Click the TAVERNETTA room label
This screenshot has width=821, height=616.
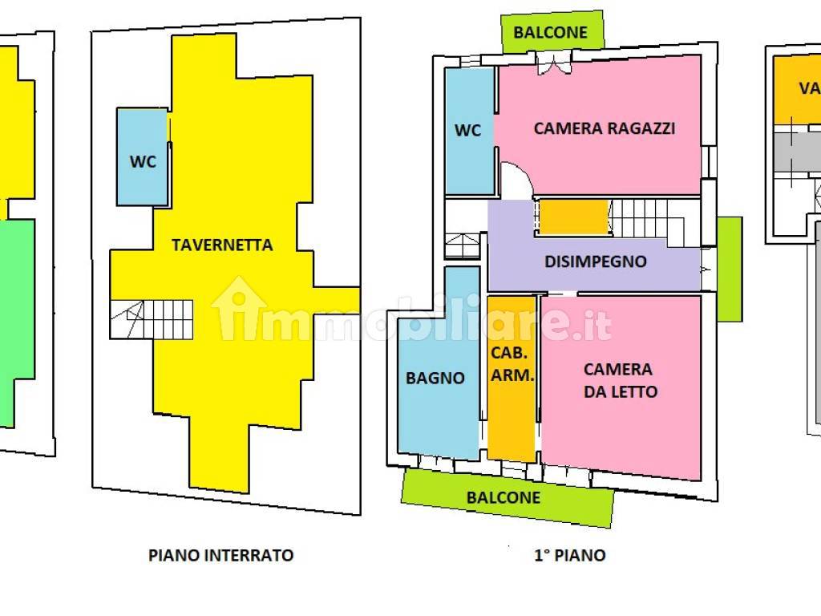pyautogui.click(x=222, y=245)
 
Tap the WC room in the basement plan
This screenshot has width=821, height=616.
pyautogui.click(x=143, y=160)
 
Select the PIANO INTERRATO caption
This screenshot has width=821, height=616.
pyautogui.click(x=220, y=555)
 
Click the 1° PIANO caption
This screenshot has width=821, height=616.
pyautogui.click(x=569, y=555)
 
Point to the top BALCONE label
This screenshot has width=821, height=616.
pyautogui.click(x=551, y=33)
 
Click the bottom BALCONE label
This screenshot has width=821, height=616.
pyautogui.click(x=504, y=497)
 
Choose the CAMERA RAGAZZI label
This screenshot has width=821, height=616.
pyautogui.click(x=605, y=128)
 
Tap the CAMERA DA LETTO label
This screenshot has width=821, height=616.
pyautogui.click(x=618, y=380)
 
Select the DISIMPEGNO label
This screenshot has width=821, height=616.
pyautogui.click(x=595, y=261)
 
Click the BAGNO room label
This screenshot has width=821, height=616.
pyautogui.click(x=435, y=378)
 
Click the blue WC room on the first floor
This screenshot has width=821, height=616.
pyautogui.click(x=469, y=129)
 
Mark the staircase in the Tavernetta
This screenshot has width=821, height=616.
pyautogui.click(x=152, y=318)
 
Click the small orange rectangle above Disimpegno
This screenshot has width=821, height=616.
pyautogui.click(x=572, y=217)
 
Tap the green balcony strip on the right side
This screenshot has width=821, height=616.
pyautogui.click(x=729, y=269)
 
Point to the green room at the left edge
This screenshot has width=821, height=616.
pyautogui.click(x=16, y=321)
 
